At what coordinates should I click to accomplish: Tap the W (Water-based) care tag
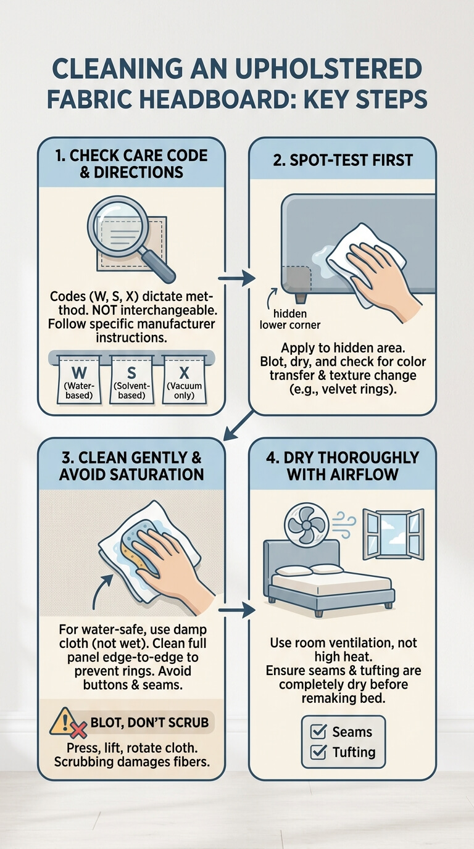79,379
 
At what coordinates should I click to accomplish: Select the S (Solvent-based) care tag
131,379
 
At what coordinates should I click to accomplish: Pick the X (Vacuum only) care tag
185,379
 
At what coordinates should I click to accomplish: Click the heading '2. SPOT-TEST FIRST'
343,160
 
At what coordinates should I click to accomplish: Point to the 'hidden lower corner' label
290,319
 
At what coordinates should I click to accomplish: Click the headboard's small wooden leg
301,297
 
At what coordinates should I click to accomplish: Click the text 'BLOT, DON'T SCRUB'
149,723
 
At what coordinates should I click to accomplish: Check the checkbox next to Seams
318,732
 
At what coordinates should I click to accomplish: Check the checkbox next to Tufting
318,752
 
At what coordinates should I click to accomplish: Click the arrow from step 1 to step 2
236,279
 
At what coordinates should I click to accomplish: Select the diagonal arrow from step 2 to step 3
238,426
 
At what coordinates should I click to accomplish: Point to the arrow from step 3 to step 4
236,610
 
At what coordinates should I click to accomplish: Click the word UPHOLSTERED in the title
328,69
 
